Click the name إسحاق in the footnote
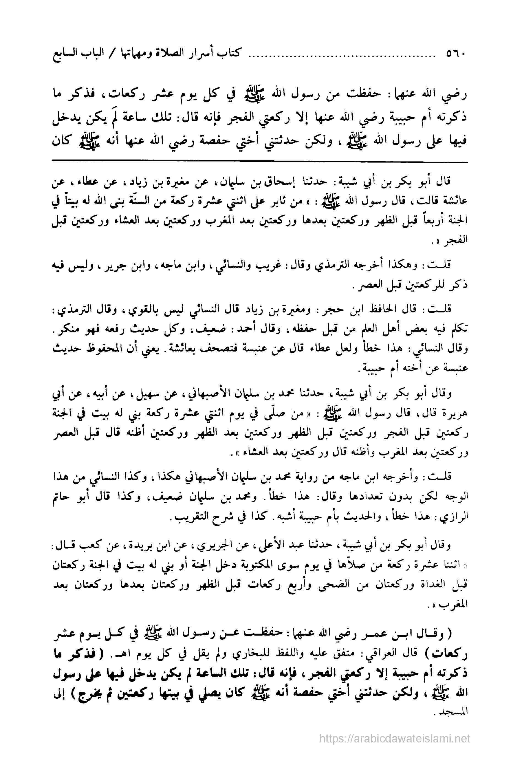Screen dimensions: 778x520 pos(292,182)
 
